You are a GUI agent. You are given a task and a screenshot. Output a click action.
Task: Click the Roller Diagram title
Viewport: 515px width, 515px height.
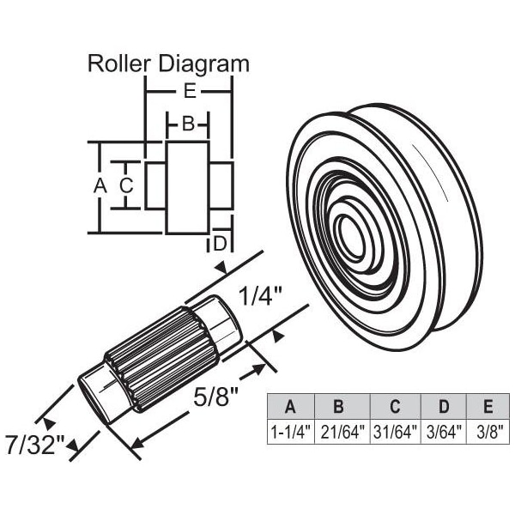(169, 64)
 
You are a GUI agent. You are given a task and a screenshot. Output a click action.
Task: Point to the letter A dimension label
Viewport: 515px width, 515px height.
(99, 185)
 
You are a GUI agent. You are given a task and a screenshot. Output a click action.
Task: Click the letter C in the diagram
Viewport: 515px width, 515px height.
(126, 185)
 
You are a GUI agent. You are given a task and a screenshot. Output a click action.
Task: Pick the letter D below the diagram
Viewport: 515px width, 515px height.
(220, 243)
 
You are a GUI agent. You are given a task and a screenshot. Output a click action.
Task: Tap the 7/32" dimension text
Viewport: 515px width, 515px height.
(34, 446)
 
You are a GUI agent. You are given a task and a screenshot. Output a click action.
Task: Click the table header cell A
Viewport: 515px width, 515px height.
(290, 406)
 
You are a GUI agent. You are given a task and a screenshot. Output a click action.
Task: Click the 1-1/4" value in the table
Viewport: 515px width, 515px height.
(290, 431)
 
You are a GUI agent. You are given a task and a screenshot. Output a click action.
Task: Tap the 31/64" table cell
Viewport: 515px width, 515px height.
(395, 431)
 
